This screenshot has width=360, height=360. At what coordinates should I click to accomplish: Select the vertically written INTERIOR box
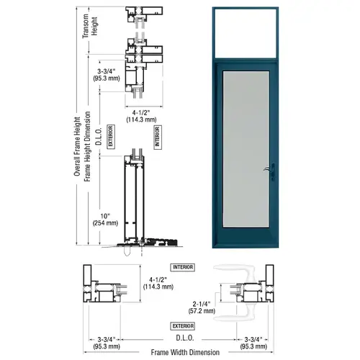coord(158,137)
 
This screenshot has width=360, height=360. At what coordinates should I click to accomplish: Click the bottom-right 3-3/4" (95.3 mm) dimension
coord(255,341)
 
